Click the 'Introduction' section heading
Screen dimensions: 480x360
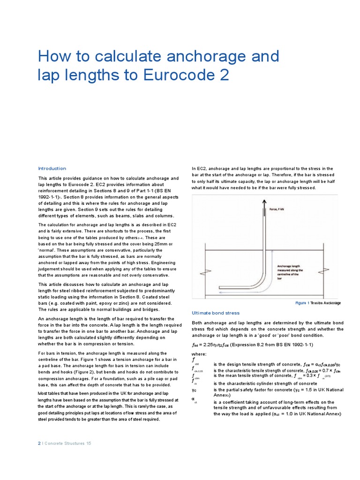[x=52, y=168]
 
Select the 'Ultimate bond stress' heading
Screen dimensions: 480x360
[x=216, y=313]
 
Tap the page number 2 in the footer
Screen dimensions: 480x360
[x=39, y=443]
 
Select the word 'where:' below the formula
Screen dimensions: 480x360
[x=199, y=354]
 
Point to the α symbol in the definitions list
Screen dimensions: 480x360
[x=193, y=399]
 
